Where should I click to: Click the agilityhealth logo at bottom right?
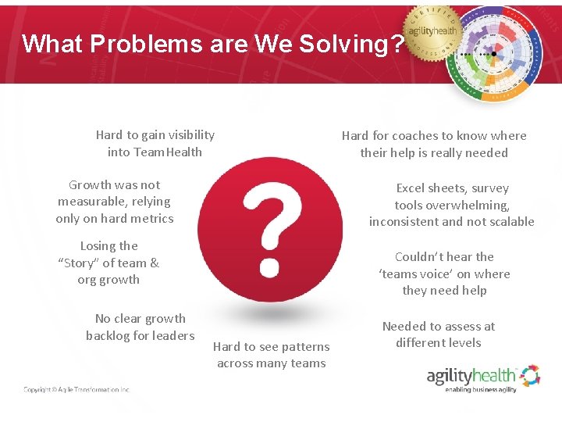(482, 377)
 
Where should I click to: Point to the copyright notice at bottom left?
(76, 389)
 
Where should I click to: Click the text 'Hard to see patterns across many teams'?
(271, 355)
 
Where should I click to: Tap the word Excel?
(413, 188)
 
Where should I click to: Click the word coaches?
(411, 136)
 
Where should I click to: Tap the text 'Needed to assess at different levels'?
(438, 334)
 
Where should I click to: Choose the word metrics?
(151, 219)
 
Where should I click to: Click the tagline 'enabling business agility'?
(480, 389)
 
